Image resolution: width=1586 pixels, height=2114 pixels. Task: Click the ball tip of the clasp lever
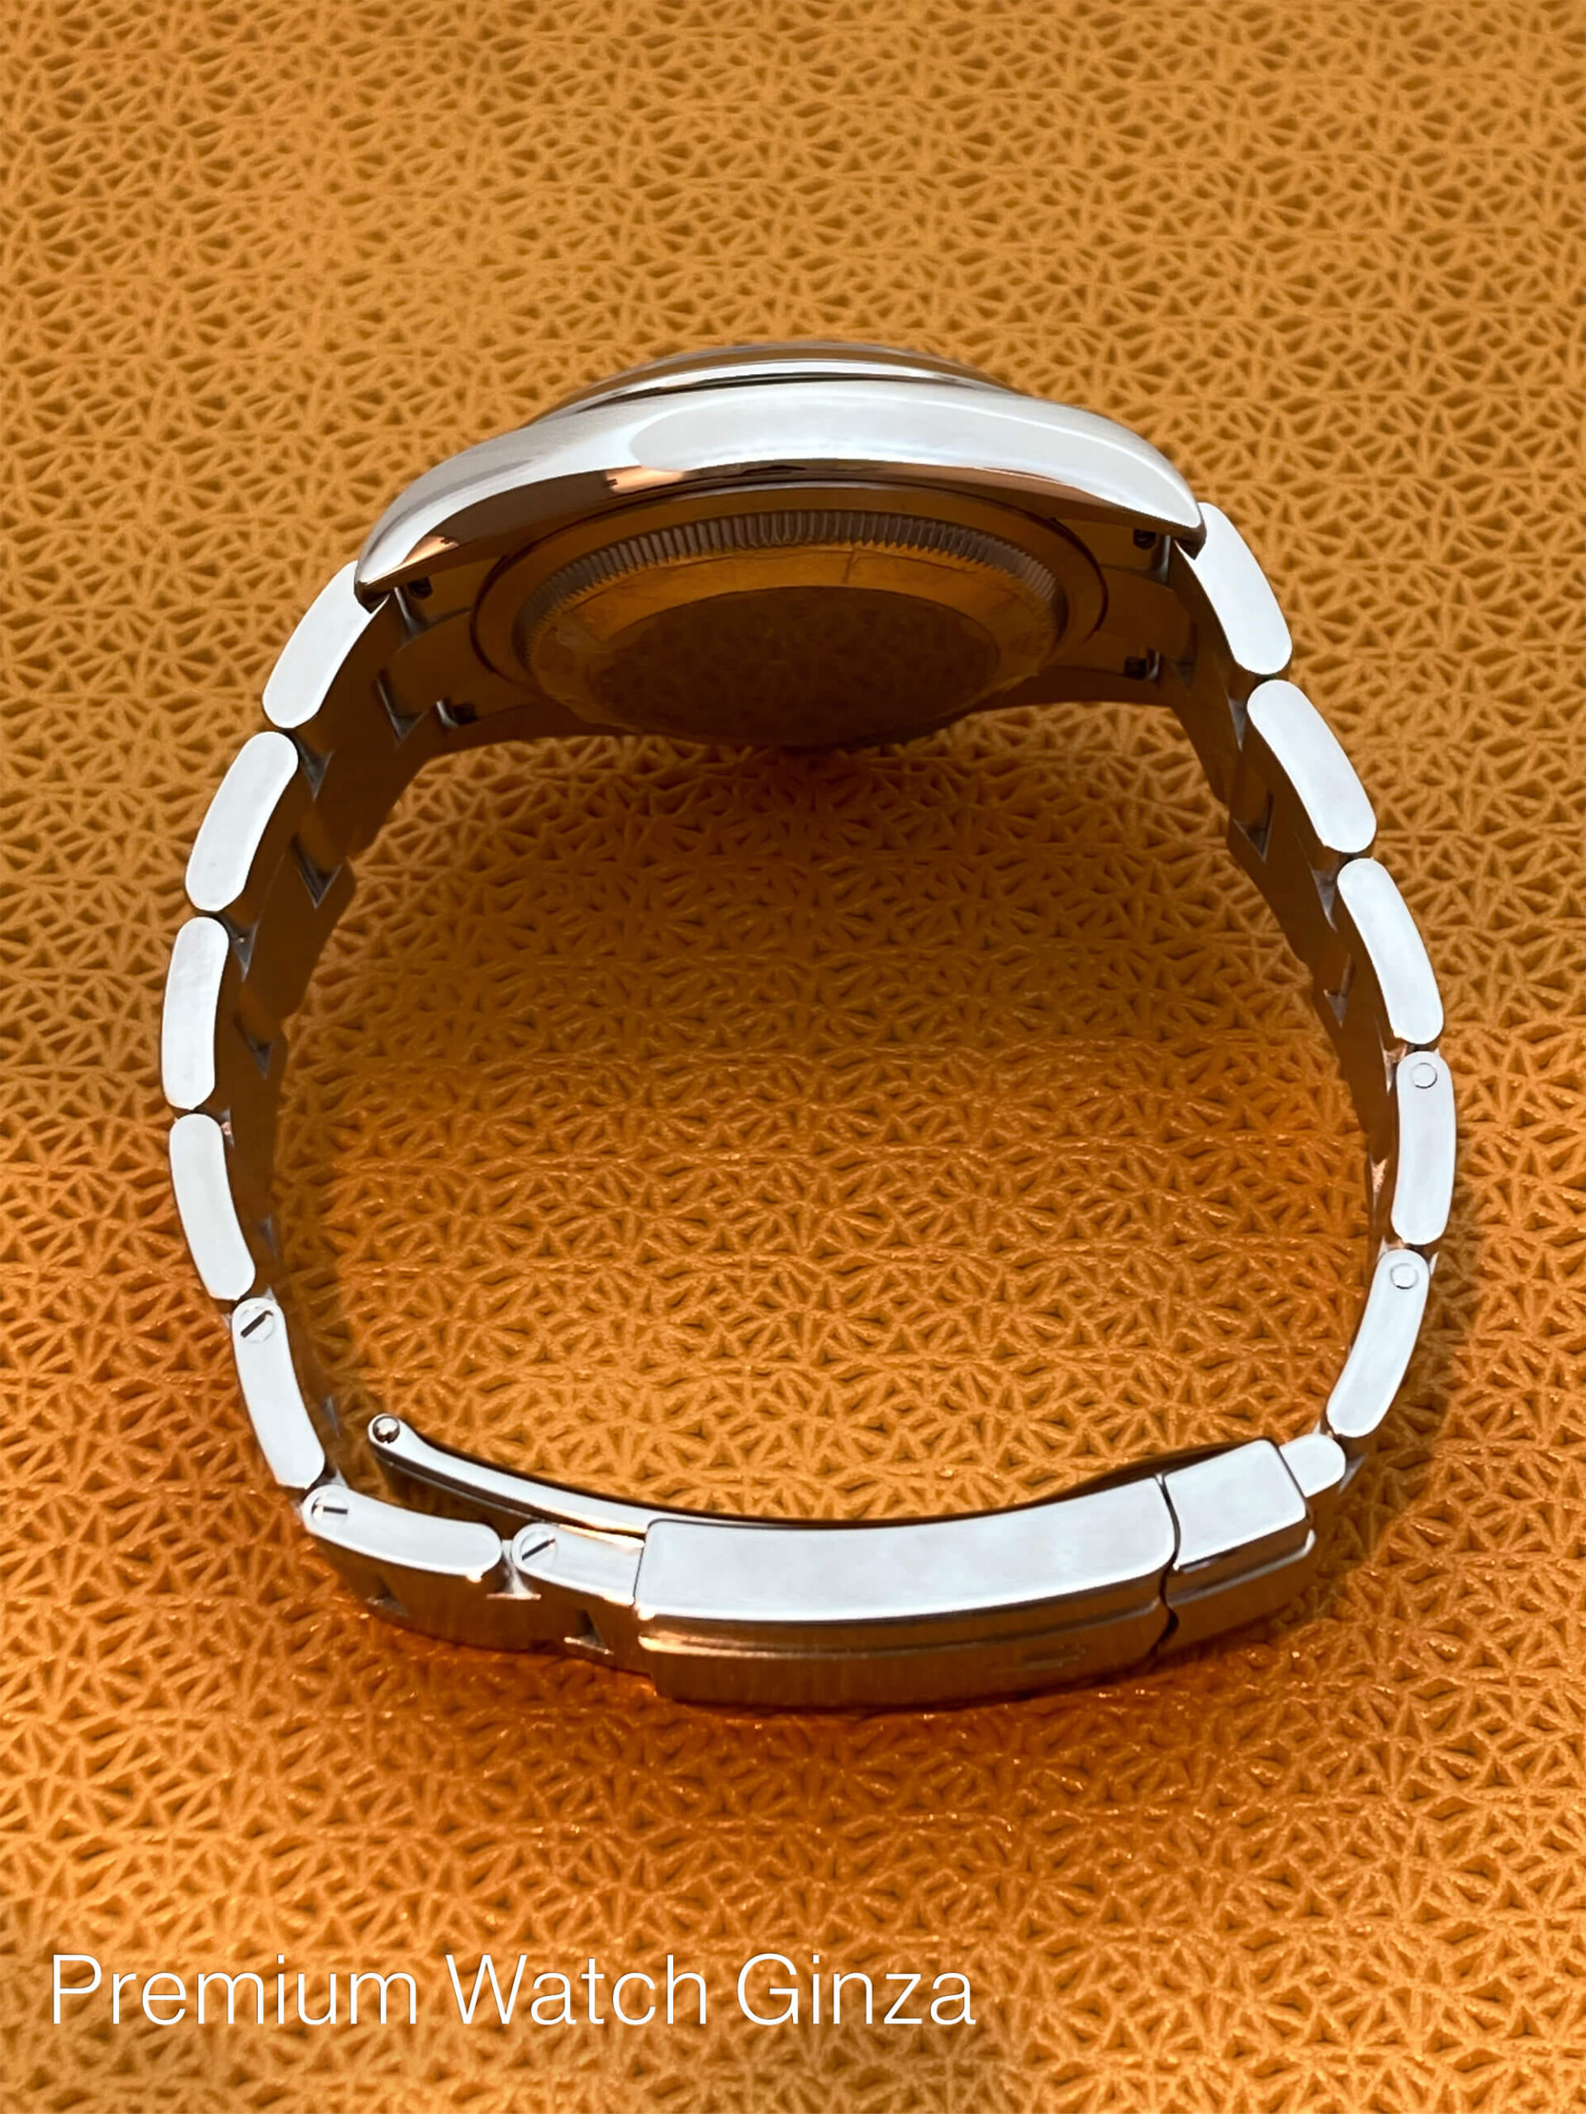[x=385, y=1429]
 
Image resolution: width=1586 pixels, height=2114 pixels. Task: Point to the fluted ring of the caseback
[x=794, y=545]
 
